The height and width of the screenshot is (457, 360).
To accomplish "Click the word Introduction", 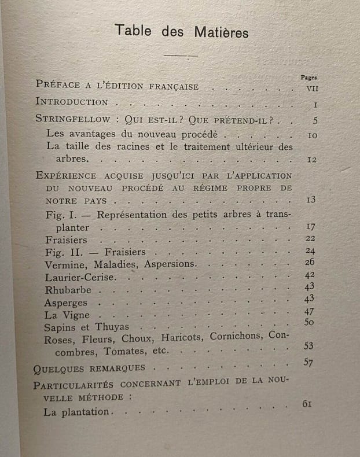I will pyautogui.click(x=72, y=102).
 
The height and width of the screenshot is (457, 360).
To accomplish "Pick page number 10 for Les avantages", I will pyautogui.click(x=312, y=136).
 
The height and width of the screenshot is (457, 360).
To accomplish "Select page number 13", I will pyautogui.click(x=311, y=200).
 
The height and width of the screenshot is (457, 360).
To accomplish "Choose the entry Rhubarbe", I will pyautogui.click(x=67, y=290).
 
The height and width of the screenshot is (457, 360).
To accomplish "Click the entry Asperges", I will pyautogui.click(x=66, y=303).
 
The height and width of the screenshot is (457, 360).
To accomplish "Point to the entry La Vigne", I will pyautogui.click(x=67, y=315).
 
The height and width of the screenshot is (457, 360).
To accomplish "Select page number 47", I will pyautogui.click(x=309, y=311).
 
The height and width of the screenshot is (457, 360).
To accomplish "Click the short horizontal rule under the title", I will pyautogui.click(x=181, y=56).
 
